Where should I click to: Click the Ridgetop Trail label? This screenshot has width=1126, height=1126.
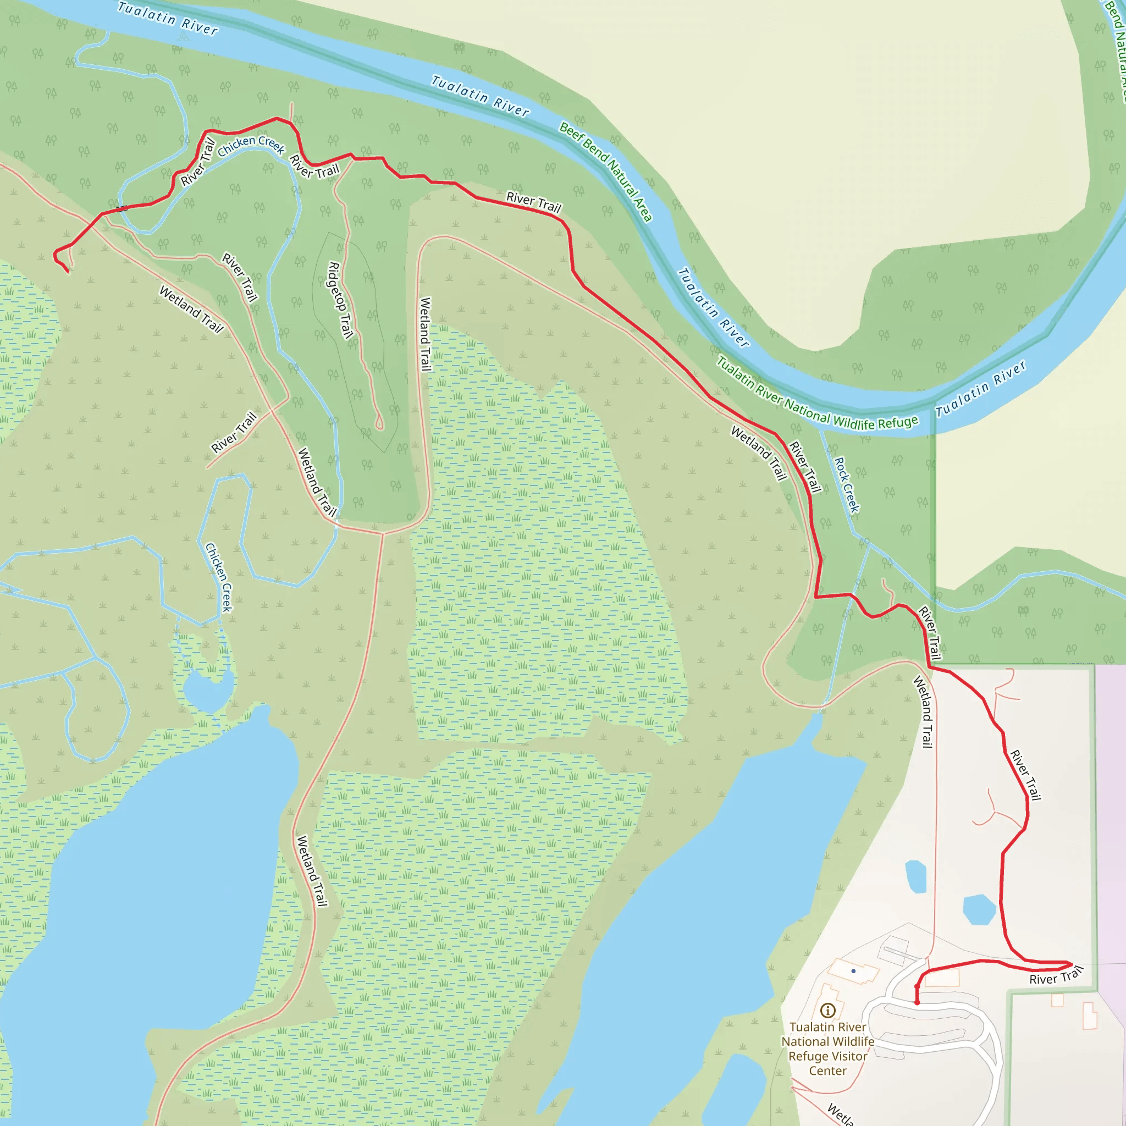(x=340, y=300)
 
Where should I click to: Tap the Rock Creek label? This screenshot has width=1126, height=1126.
(x=847, y=485)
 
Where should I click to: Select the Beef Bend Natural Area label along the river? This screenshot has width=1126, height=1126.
(x=605, y=172)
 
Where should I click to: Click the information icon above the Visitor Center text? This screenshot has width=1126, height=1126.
(x=827, y=1010)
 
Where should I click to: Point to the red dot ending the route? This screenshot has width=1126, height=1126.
(x=917, y=1002)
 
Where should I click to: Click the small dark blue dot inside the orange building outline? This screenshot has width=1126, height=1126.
(x=853, y=971)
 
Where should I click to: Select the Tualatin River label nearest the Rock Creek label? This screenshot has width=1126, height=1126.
(x=981, y=389)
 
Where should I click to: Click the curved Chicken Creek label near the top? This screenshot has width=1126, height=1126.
(x=251, y=145)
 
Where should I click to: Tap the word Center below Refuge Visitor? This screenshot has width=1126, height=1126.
(x=827, y=1070)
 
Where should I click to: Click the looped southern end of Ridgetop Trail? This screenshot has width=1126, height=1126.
(x=379, y=424)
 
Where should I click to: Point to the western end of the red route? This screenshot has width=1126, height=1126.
(x=68, y=271)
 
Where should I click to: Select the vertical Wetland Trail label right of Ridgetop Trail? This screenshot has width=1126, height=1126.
(x=426, y=334)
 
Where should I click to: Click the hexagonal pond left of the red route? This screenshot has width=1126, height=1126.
(x=979, y=909)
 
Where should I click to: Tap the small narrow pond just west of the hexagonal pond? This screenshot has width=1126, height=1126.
(x=915, y=876)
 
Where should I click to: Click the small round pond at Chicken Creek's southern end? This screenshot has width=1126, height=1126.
(x=207, y=691)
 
